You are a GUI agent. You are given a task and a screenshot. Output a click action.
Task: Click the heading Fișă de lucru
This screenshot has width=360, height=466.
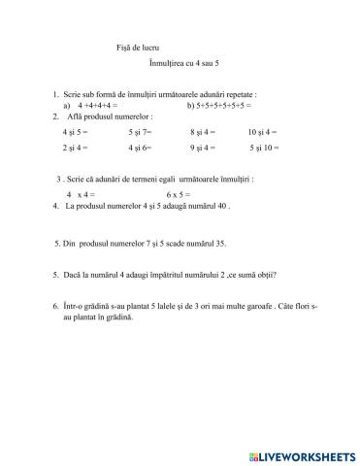109,47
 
